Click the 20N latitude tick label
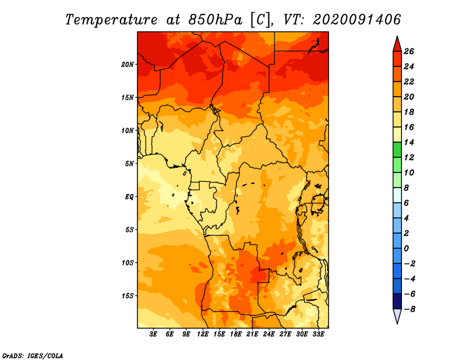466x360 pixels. [x=127, y=65]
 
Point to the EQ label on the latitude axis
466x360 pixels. [x=129, y=197]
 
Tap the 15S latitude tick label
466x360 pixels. [x=128, y=296]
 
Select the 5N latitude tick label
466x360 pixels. [x=129, y=164]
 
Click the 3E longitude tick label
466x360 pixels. [x=153, y=334]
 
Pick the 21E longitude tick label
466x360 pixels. [x=252, y=334]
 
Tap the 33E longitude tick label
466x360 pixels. [x=318, y=334]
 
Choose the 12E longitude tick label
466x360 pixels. [x=203, y=334]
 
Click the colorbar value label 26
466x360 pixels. [x=409, y=51]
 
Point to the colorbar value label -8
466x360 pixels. [x=409, y=309]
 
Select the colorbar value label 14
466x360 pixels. [x=409, y=142]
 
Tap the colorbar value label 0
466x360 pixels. [x=406, y=249]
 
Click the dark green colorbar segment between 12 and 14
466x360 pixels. [x=397, y=150]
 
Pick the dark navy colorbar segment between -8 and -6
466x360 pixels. [x=397, y=301]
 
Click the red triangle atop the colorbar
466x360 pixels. [x=397, y=44]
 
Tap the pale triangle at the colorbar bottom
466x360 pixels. [x=397, y=316]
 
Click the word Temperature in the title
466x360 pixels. [x=111, y=20]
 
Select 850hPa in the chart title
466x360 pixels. [x=216, y=20]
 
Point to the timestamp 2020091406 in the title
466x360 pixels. [x=356, y=20]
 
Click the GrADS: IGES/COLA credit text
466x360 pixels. [x=33, y=355]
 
